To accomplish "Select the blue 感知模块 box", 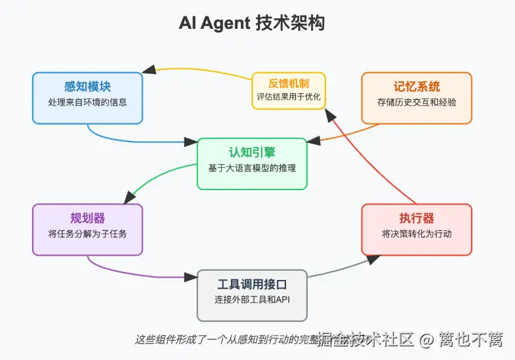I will point(87,97).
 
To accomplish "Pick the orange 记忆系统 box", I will point(417,97).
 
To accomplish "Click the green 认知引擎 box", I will point(252,163).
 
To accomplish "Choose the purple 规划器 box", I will point(87,229).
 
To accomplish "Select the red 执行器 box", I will point(417,229).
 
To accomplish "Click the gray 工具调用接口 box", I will point(252,295).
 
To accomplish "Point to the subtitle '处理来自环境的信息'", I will point(87,102).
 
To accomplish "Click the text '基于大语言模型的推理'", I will point(252,169).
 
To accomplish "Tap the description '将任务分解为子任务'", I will point(87,234).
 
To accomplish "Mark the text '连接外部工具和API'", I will point(252,300).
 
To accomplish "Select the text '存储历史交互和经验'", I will point(417,102).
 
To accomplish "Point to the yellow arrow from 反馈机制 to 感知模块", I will point(197,70).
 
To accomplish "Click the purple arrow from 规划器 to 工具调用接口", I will point(131,271).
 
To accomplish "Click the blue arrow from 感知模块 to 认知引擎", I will point(131,140).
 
